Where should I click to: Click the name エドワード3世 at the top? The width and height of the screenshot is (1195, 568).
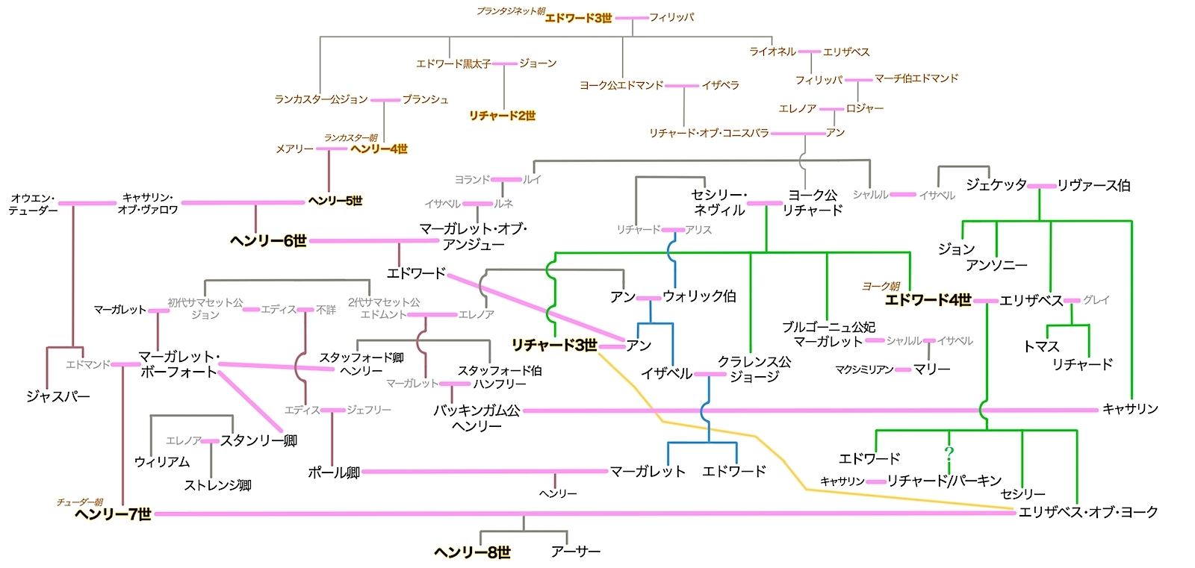578,18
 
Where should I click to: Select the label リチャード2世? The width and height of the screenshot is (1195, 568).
502,116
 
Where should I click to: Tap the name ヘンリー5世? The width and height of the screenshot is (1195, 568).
335,201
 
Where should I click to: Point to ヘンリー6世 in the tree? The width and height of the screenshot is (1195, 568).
268,241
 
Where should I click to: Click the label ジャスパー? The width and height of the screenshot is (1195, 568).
58,396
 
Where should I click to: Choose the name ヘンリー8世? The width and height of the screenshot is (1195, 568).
472,552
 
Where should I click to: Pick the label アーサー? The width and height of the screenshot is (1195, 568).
575,552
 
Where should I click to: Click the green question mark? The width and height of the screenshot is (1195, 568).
949,452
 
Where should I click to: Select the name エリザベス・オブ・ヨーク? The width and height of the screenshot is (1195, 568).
1088,512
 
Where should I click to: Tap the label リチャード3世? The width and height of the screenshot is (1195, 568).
554,345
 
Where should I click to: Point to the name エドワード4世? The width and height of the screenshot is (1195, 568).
928,300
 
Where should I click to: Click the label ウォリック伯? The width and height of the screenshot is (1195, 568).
699,296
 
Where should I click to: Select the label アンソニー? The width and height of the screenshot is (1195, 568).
996,265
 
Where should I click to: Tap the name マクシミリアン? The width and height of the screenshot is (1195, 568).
864,369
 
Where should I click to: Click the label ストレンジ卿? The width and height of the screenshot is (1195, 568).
217,486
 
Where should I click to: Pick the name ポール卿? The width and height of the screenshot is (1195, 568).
334,472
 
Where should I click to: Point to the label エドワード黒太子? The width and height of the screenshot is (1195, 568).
453,64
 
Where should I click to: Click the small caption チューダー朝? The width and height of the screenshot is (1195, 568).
80,502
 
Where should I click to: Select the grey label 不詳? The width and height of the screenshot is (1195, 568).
326,310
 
